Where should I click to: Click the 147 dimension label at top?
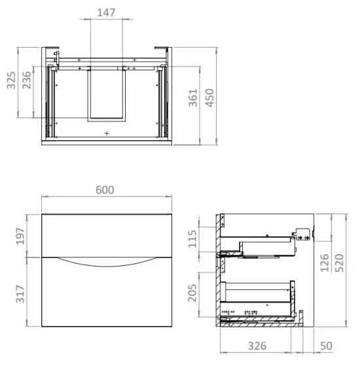(x=107, y=12)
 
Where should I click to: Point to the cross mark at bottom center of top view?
(x=107, y=132)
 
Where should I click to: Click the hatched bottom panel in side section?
(x=262, y=322)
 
